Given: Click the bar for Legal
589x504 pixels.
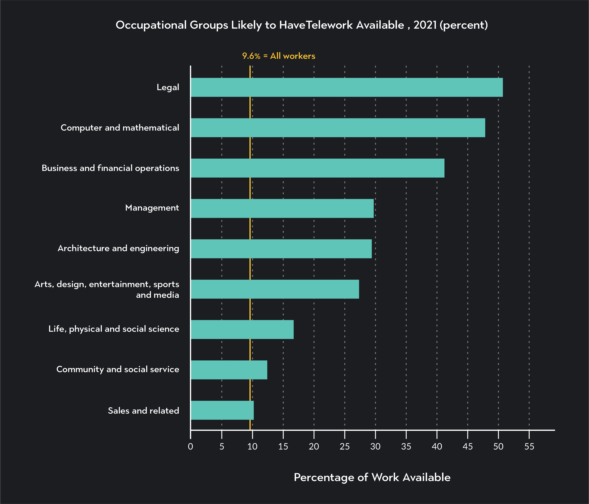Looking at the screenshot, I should coord(346,87).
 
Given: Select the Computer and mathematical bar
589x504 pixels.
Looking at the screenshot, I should coord(338,128).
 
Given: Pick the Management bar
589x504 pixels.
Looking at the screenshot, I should coord(282,208).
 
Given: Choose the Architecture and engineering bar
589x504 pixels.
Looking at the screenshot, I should coord(281,249).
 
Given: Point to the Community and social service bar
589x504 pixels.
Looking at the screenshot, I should coord(229,370).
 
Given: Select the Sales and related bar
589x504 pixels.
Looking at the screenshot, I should coord(222,410).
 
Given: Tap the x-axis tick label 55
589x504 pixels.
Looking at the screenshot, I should coord(529,447).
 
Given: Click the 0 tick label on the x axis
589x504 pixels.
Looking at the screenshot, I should coord(191,447).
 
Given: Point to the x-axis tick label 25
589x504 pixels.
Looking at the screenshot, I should coord(345,447).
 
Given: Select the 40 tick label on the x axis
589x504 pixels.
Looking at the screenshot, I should coord(437,447).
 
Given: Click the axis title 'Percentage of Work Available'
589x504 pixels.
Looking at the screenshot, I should coord(372,477).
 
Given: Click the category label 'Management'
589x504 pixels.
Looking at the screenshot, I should coord(152,208).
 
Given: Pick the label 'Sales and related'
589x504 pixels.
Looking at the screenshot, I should coord(144,411).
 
